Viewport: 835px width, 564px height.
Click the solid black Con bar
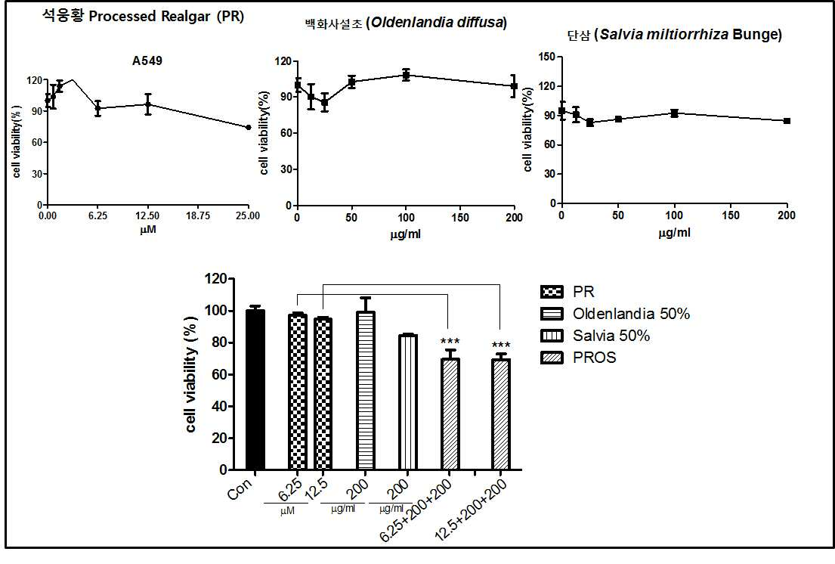pyautogui.click(x=255, y=390)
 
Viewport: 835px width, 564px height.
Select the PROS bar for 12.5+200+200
pyautogui.click(x=500, y=414)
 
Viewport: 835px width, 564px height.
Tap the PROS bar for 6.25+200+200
pyautogui.click(x=450, y=414)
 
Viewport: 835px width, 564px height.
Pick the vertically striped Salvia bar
pyautogui.click(x=407, y=403)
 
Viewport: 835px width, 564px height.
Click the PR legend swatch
pyautogui.click(x=551, y=292)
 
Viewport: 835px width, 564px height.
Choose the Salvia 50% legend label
pyautogui.click(x=611, y=336)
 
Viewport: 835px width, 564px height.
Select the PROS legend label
pyautogui.click(x=594, y=358)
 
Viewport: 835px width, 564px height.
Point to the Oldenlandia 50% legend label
pyautogui.click(x=631, y=314)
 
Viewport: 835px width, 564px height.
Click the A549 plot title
pyautogui.click(x=147, y=60)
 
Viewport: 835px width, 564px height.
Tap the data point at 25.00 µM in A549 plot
pyautogui.click(x=248, y=127)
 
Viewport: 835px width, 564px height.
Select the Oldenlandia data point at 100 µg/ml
pyautogui.click(x=406, y=75)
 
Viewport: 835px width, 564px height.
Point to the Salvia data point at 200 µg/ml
pyautogui.click(x=787, y=121)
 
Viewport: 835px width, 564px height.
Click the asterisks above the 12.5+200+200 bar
pyautogui.click(x=501, y=345)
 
